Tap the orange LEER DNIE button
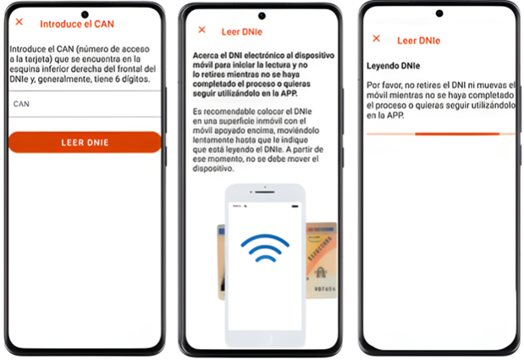click(85, 142)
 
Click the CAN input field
click(85, 104)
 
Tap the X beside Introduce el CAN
click(19, 22)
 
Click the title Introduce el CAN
click(77, 24)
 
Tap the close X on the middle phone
click(201, 30)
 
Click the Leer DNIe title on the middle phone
click(242, 32)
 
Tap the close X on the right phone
click(377, 38)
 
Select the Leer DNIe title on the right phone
click(419, 41)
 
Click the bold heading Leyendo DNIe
click(394, 66)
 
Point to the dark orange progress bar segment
click(457, 134)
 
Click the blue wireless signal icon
click(265, 247)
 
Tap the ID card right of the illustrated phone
click(321, 260)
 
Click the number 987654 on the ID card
click(325, 289)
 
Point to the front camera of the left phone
click(85, 14)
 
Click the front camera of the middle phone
click(262, 16)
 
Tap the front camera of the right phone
click(439, 14)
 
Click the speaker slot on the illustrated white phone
click(265, 192)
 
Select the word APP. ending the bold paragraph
click(289, 93)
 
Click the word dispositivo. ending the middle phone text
click(213, 169)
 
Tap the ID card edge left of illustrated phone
click(221, 262)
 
